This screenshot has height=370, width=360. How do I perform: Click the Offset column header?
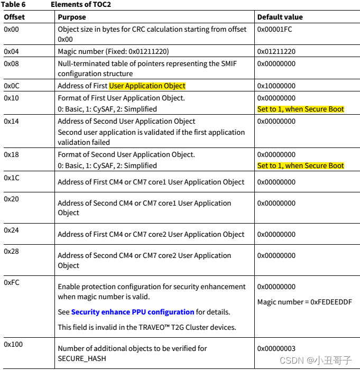tap(14, 17)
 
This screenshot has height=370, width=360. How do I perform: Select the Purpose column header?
tap(72, 17)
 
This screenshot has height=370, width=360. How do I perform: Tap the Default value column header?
tap(280, 17)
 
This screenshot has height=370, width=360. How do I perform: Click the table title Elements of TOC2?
tap(81, 5)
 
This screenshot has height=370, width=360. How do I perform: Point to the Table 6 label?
tap(15, 5)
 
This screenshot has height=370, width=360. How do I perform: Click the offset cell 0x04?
tap(12, 51)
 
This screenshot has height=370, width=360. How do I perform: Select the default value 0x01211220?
tap(276, 51)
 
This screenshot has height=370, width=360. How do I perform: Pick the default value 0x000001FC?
tap(275, 30)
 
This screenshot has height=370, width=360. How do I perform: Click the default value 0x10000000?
tap(276, 86)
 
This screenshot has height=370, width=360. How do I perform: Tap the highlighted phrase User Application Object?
tap(147, 86)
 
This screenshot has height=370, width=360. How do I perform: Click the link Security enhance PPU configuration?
tap(133, 312)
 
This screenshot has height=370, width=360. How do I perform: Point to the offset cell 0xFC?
tap(12, 282)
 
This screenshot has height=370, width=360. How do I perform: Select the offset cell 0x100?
tap(13, 345)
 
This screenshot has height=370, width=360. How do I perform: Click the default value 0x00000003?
tap(276, 349)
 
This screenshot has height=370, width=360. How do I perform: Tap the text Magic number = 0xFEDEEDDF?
tap(304, 302)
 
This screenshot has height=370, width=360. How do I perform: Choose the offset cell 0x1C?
tap(12, 178)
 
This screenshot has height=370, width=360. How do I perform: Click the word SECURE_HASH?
tap(81, 358)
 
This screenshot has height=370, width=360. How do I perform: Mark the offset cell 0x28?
tap(12, 251)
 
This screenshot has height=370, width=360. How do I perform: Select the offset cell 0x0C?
tap(12, 86)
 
